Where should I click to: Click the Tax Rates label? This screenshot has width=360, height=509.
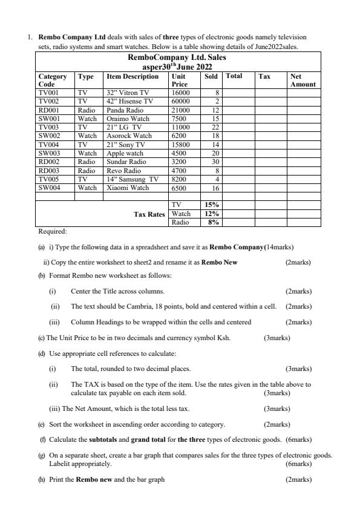[x=149, y=214]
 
